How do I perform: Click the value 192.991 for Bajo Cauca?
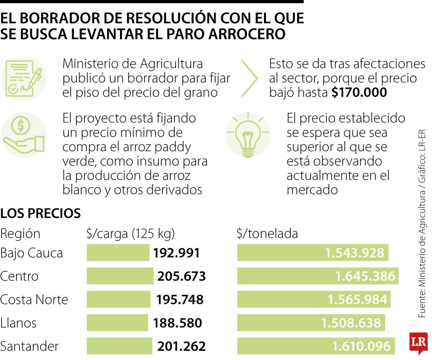[176, 253]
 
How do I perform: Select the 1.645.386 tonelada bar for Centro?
[318, 276]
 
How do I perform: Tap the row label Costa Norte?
[34, 300]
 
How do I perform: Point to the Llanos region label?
[18, 323]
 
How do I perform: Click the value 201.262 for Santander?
[181, 346]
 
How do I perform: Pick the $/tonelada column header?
[267, 233]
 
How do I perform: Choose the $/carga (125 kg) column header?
[130, 233]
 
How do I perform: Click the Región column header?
[20, 233]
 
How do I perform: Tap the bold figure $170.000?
[359, 92]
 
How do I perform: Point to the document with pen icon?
[23, 78]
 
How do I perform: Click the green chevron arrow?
[249, 78]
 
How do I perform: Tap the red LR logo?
[418, 343]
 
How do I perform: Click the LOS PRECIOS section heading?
[40, 213]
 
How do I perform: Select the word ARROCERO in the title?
[247, 34]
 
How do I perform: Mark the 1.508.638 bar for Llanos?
[311, 323]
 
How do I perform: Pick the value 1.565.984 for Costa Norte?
[357, 300]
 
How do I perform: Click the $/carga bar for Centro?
[120, 276]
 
